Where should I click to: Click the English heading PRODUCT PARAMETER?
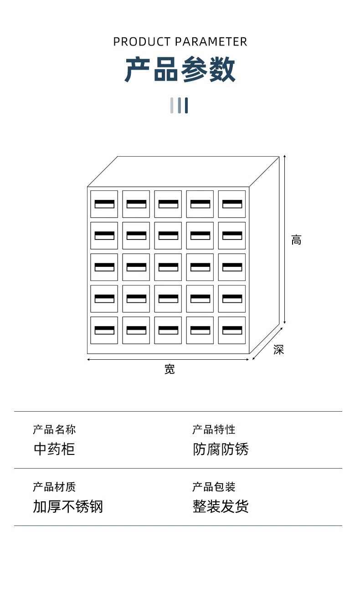tap(180, 42)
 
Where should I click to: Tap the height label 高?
tap(296, 240)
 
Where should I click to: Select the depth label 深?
tap(278, 350)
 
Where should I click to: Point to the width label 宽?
tap(170, 369)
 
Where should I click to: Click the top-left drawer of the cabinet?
tap(104, 204)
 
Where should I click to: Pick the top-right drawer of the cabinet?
tap(232, 204)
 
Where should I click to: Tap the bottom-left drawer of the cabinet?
tap(104, 330)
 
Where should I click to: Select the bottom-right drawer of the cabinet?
tap(232, 330)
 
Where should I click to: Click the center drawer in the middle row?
tap(168, 267)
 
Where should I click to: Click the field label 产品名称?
tap(54, 429)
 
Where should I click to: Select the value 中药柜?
tap(54, 449)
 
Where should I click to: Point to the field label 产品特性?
tap(214, 429)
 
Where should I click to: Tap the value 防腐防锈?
tap(221, 449)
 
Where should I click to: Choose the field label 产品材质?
tap(54, 487)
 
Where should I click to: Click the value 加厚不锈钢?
tap(68, 506)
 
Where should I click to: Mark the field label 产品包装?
tap(214, 487)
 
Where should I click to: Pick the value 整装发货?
tap(221, 506)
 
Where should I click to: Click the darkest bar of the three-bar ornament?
tap(186, 105)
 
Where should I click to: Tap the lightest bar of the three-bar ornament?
tap(172, 105)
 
